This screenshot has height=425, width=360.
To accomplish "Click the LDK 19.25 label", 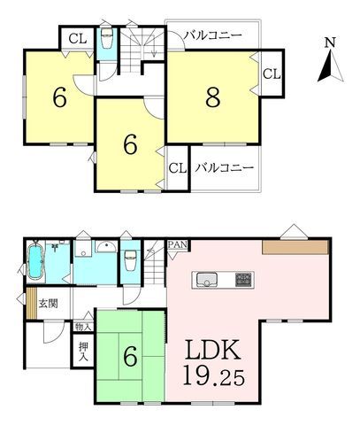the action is (x=214, y=363).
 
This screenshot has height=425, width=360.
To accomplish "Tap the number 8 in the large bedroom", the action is (x=213, y=97).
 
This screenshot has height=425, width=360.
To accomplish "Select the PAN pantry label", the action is (x=178, y=244).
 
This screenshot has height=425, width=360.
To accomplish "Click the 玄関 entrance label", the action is (x=48, y=304).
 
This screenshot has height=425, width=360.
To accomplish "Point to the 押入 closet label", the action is (x=83, y=352).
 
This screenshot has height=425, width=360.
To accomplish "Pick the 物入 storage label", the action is (x=83, y=327).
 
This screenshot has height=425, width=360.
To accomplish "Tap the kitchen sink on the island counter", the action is (x=207, y=279).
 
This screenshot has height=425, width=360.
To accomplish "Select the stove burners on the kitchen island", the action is (x=244, y=280).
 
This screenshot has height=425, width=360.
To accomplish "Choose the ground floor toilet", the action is (x=130, y=260).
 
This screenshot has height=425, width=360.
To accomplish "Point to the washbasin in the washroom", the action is (x=106, y=247).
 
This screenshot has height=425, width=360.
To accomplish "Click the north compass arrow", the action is (x=330, y=66).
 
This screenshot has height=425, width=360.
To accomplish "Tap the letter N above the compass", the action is (x=330, y=42).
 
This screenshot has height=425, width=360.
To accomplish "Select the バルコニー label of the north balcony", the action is (x=213, y=35).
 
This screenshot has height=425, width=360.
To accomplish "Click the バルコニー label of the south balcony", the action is (x=225, y=167).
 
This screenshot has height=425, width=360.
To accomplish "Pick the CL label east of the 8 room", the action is (x=272, y=73).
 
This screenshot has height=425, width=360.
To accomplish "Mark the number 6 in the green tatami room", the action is (x=130, y=356).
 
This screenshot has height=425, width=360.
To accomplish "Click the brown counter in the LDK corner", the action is (x=295, y=247).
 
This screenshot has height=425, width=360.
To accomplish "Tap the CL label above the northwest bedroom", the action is (x=78, y=38).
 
